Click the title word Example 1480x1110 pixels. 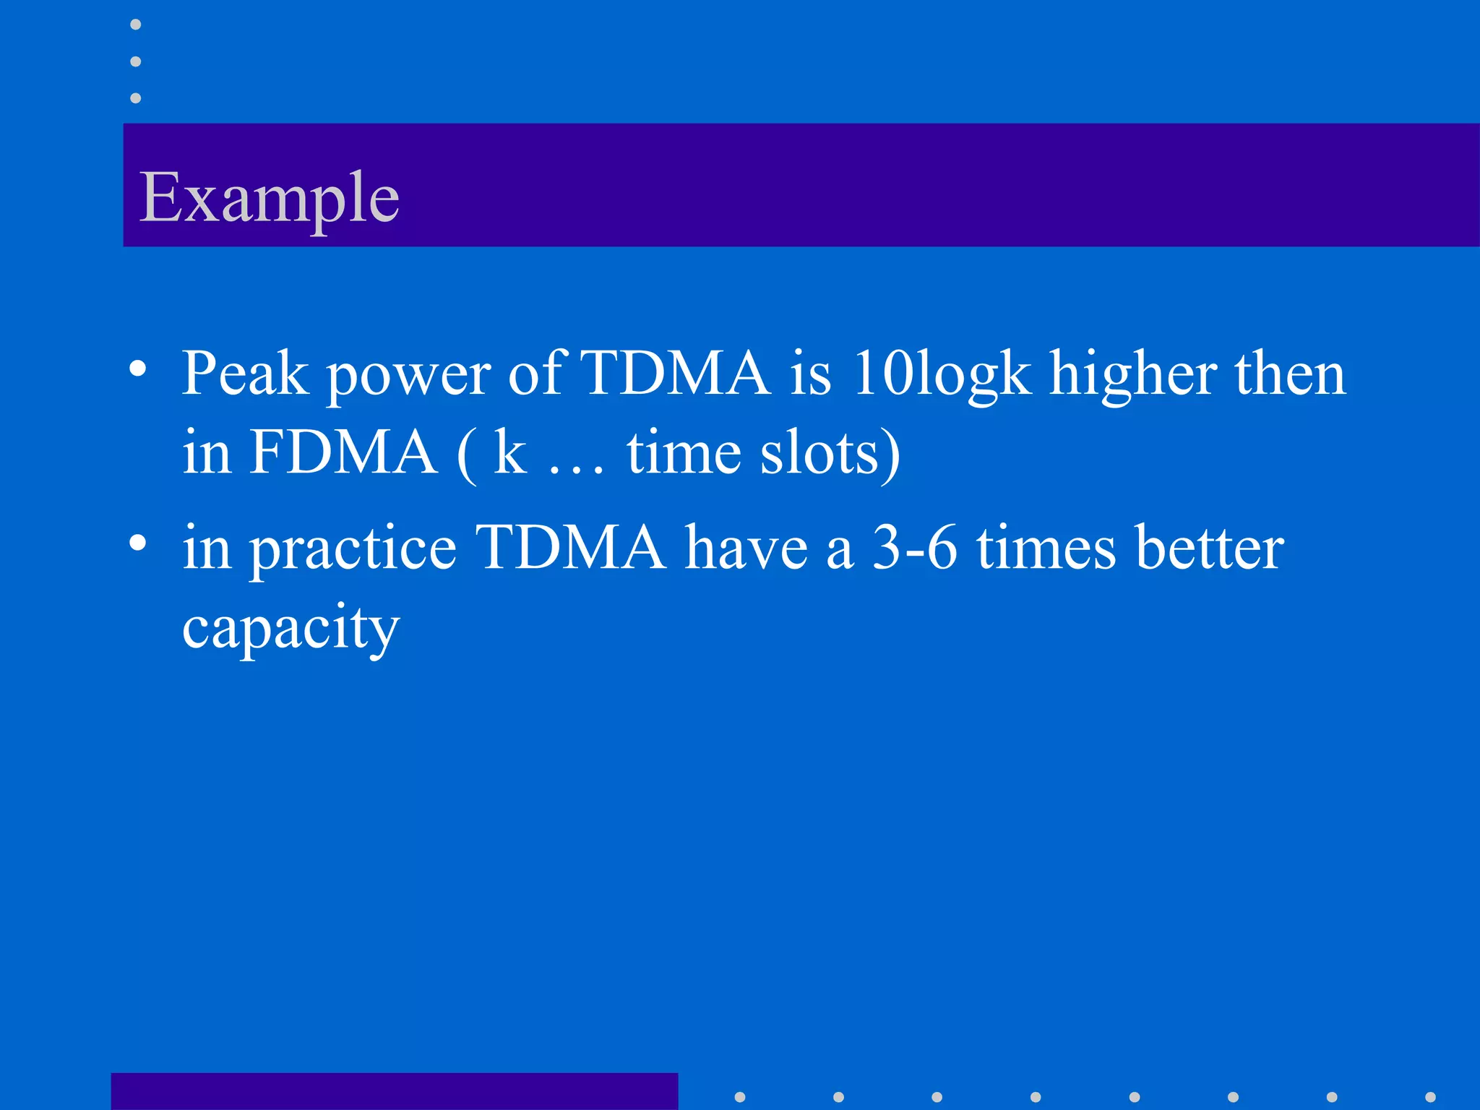(x=269, y=198)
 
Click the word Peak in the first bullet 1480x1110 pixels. (x=244, y=374)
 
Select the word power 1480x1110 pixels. (x=409, y=377)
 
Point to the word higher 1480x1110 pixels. (x=1133, y=376)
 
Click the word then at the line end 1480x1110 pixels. (x=1290, y=374)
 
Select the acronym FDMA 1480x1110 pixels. (x=343, y=453)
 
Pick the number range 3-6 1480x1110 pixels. (x=915, y=548)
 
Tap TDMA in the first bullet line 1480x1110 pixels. (x=675, y=374)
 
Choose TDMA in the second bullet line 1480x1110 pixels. (x=570, y=548)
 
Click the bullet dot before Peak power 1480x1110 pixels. (x=138, y=370)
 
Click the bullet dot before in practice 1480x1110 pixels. (x=138, y=543)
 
